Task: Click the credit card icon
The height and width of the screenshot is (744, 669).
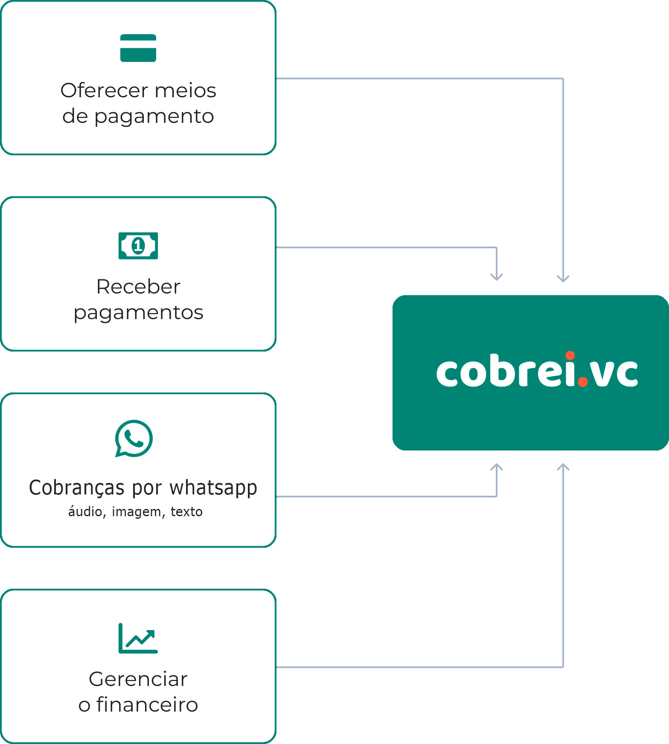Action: pyautogui.click(x=138, y=48)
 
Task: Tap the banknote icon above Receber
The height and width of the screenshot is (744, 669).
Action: pyautogui.click(x=138, y=246)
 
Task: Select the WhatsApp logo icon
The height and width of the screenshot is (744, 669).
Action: pyautogui.click(x=134, y=439)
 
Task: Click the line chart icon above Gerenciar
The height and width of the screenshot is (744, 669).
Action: pyautogui.click(x=138, y=638)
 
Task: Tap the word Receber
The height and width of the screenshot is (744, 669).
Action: pyautogui.click(x=138, y=287)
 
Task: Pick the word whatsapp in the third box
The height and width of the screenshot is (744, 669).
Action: pyautogui.click(x=213, y=488)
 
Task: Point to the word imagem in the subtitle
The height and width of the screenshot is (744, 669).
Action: pyautogui.click(x=137, y=511)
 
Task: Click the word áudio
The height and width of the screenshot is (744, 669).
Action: pyautogui.click(x=85, y=511)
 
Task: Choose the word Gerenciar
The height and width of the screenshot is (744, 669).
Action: pyautogui.click(x=138, y=679)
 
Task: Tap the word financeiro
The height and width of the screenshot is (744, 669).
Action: pyautogui.click(x=147, y=705)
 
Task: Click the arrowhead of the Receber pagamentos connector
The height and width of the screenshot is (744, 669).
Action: pyautogui.click(x=497, y=277)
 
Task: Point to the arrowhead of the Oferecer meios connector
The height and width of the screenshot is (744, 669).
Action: pyautogui.click(x=563, y=279)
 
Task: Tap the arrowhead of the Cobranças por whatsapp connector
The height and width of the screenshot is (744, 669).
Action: pyautogui.click(x=497, y=467)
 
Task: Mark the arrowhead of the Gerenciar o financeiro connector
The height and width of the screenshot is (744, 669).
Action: pyautogui.click(x=563, y=467)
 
